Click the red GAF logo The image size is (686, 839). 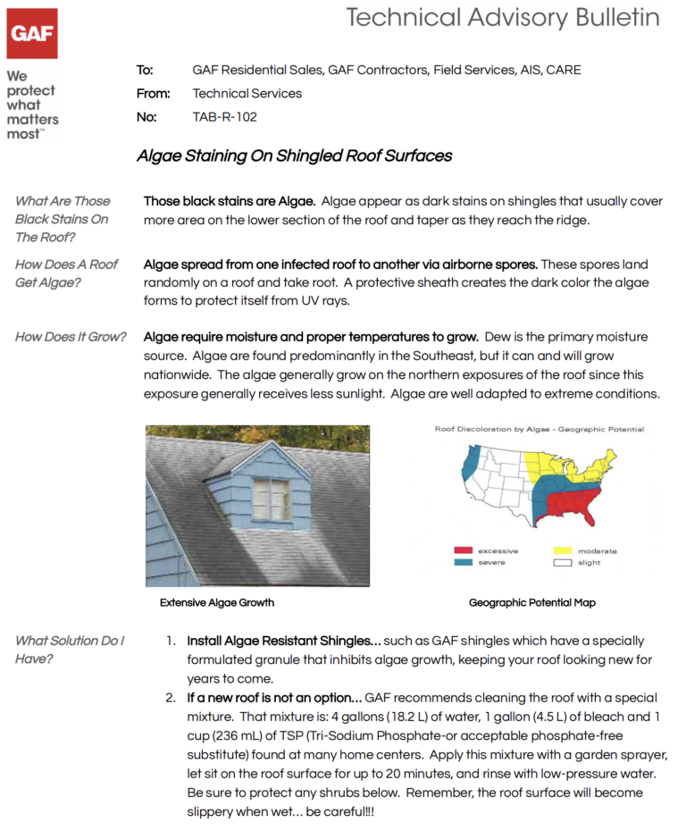point(32,33)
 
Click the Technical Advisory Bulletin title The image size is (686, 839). point(503,17)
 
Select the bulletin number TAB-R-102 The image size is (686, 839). point(224,116)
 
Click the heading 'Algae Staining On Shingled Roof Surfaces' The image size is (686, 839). point(294,156)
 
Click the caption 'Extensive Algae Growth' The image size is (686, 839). point(217,602)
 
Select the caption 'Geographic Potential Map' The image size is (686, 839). point(531,602)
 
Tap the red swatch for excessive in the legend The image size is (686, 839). point(464,550)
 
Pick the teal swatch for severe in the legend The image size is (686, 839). point(464,562)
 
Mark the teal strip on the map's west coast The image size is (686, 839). point(468,465)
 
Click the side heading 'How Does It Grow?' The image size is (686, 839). point(71,337)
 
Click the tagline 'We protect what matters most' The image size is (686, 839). point(32,105)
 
